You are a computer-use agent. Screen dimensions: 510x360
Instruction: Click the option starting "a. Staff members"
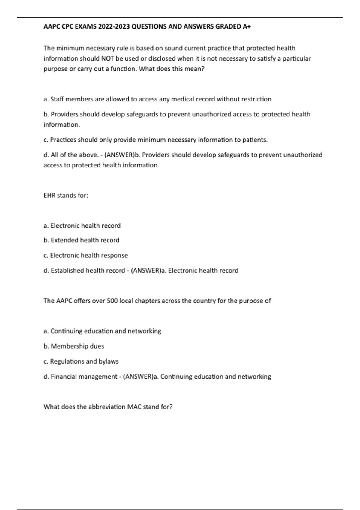[x=157, y=99]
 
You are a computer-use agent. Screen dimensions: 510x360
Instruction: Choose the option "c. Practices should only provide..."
[x=155, y=139]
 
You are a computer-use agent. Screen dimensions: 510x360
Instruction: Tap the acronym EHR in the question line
[x=49, y=195]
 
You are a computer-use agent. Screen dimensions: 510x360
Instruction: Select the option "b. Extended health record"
[x=81, y=240]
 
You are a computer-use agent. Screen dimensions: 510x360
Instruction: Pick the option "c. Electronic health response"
[x=85, y=255]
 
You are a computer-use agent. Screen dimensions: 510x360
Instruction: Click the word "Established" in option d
[x=67, y=271]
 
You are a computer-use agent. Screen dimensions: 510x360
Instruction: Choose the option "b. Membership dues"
[x=74, y=346]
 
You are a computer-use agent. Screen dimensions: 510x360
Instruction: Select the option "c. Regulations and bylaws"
[x=81, y=361]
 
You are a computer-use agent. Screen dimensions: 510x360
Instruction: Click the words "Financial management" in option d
[x=84, y=376]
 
